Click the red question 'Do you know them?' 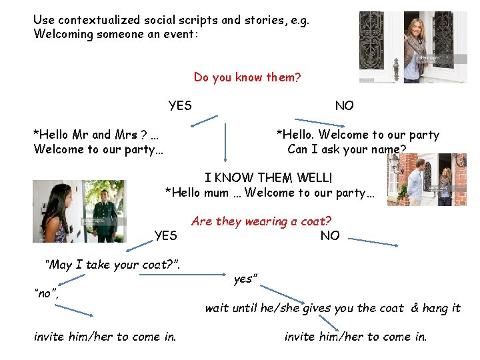[247, 78]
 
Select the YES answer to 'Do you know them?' [180, 106]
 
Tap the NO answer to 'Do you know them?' [344, 106]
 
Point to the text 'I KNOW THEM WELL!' [268, 179]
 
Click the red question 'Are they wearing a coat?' [261, 221]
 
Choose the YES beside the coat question [165, 235]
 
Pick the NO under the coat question [329, 235]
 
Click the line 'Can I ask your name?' [347, 149]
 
